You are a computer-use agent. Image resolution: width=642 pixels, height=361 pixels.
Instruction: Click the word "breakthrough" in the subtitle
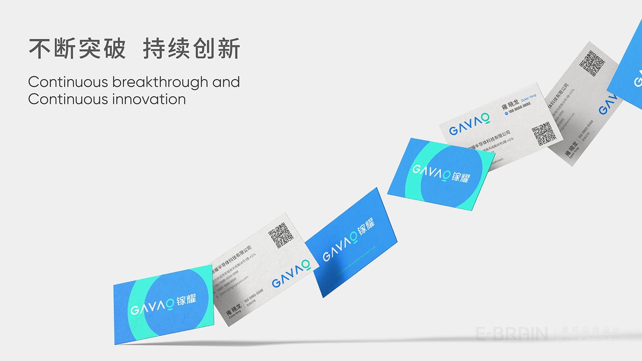click(x=160, y=82)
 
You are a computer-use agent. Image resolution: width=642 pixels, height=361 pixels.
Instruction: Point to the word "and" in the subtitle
click(x=226, y=82)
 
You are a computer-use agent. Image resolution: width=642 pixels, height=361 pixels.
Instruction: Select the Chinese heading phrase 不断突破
click(x=77, y=49)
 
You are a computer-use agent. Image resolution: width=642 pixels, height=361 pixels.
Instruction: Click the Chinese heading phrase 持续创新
click(x=192, y=49)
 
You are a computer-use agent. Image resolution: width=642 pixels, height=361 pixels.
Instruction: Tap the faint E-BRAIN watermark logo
click(x=512, y=334)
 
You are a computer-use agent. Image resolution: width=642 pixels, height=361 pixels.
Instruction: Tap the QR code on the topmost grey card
click(x=592, y=63)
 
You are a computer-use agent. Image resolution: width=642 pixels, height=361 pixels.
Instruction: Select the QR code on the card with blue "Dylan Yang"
click(x=544, y=134)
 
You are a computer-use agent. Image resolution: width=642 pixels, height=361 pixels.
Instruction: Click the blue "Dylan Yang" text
click(x=528, y=98)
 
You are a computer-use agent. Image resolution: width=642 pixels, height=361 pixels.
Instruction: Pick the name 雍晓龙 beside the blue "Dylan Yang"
click(x=510, y=104)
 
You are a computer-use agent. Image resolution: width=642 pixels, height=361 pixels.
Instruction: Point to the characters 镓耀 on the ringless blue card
click(x=366, y=227)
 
